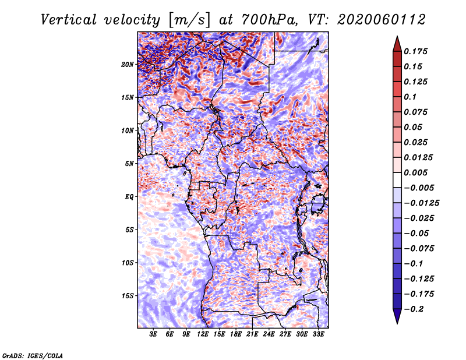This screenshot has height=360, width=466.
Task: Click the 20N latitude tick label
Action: (x=128, y=64)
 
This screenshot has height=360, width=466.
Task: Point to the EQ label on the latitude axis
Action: (x=129, y=197)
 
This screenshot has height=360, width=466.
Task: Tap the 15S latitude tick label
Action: (x=128, y=296)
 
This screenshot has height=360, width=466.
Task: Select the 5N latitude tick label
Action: (x=129, y=164)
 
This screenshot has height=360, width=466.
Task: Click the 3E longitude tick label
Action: (x=154, y=334)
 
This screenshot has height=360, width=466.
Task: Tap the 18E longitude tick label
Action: (x=236, y=334)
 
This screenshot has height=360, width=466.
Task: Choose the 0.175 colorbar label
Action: (x=417, y=51)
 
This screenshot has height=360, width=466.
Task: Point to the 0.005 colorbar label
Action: (x=417, y=172)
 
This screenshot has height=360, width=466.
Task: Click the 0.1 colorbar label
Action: (x=411, y=97)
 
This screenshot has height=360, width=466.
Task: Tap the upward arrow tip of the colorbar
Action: (x=397, y=38)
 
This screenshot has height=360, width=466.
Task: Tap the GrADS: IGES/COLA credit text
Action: (x=33, y=355)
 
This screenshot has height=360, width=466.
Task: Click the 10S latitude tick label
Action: (x=128, y=263)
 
